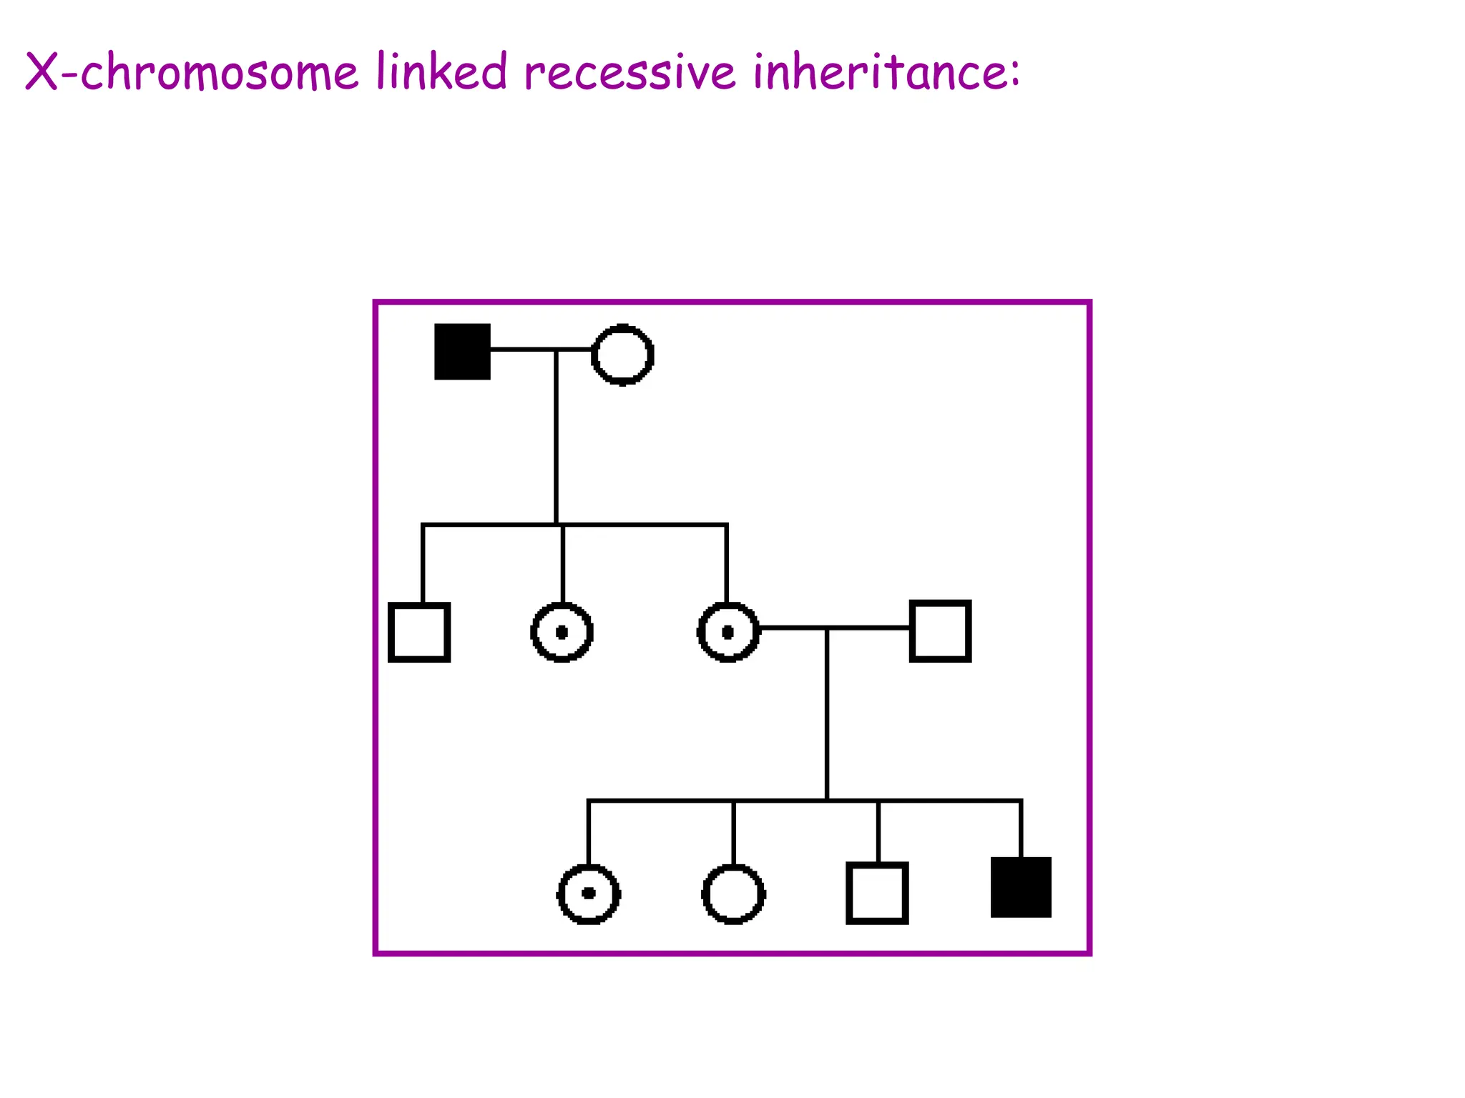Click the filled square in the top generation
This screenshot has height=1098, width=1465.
462,352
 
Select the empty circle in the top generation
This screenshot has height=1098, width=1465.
622,355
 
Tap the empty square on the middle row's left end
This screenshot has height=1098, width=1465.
419,633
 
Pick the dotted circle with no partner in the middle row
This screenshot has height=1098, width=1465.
562,633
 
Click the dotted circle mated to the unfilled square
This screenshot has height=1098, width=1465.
728,633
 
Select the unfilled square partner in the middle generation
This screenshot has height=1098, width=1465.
940,631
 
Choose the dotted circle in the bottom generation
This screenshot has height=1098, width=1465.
589,894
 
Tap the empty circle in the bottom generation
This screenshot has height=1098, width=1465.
734,894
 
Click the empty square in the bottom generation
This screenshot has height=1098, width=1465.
877,894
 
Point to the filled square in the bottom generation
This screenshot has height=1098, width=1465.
1021,887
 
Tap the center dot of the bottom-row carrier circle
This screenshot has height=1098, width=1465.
589,894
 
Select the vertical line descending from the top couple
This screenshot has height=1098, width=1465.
556,436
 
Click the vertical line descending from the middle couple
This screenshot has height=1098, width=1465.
827,715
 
